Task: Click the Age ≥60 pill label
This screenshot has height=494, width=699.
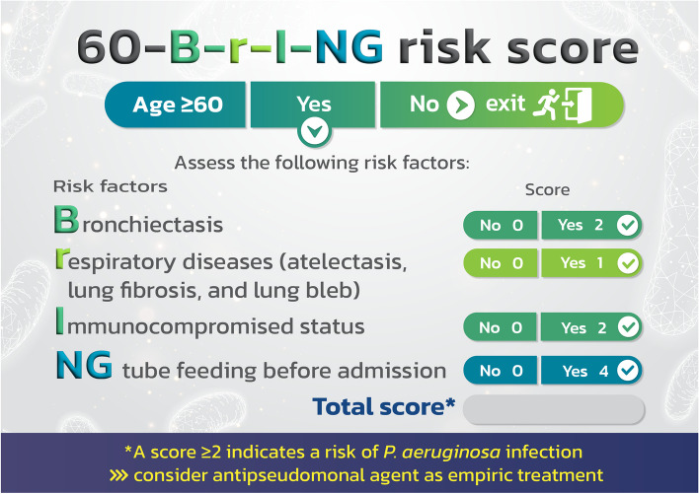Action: tap(178, 105)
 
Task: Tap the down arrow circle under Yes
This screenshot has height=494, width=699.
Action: tap(314, 132)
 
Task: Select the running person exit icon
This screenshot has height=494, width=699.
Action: tap(547, 105)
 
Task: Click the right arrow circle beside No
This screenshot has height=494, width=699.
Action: tap(460, 106)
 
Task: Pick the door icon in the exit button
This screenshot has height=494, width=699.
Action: tap(578, 106)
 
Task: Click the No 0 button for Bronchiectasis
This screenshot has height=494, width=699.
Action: tap(501, 225)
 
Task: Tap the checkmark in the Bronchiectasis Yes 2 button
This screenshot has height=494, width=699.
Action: tap(628, 225)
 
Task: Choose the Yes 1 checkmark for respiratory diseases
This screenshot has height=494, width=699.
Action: tap(628, 263)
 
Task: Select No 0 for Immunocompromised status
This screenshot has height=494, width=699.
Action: tap(501, 327)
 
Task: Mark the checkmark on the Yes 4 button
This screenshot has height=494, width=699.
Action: tap(628, 371)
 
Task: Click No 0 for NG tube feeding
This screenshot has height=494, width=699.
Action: tap(501, 371)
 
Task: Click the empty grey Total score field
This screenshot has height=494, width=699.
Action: tap(554, 409)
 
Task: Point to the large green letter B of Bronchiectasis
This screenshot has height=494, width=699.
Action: tap(66, 220)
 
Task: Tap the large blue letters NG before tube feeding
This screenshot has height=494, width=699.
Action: tap(84, 365)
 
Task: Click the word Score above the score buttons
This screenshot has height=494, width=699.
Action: tap(547, 190)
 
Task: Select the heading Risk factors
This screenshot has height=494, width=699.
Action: tap(111, 186)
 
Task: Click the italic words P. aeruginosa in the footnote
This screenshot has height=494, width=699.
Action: tap(441, 453)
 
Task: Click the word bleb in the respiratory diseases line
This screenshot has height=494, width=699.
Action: tap(333, 290)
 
